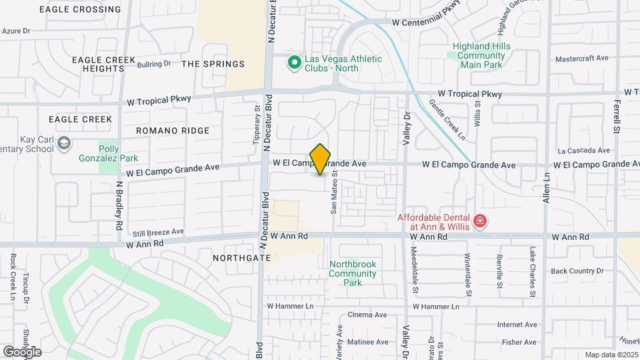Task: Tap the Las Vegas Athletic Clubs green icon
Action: [293, 63]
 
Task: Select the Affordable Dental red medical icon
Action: [479, 221]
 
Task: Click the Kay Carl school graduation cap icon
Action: [63, 143]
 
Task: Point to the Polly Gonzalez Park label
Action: [118, 154]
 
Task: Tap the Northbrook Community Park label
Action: [353, 273]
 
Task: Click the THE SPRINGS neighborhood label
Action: [213, 64]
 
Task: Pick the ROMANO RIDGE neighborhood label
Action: [173, 131]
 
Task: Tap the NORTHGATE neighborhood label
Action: [241, 257]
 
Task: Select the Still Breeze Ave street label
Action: [158, 232]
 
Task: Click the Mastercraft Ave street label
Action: [582, 59]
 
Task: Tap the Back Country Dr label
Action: [577, 271]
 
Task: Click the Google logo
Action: [22, 351]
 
